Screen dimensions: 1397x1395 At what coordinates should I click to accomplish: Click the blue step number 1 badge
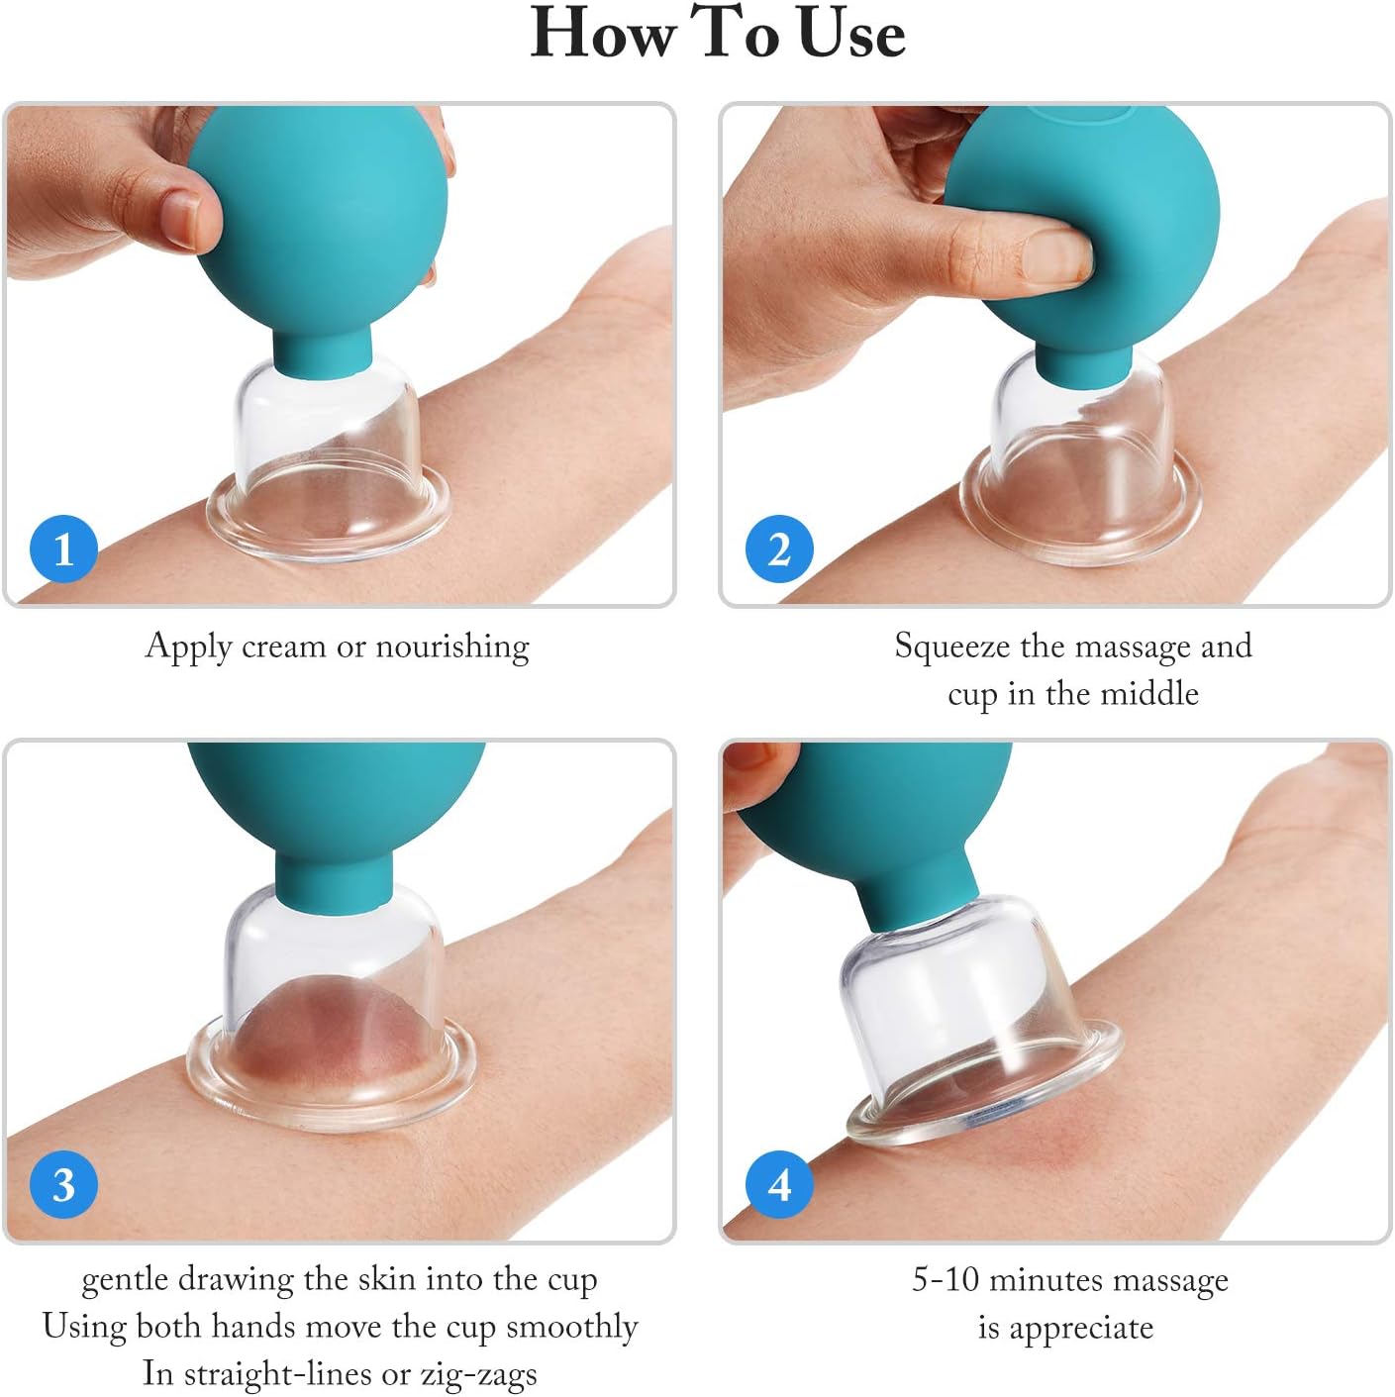(64, 549)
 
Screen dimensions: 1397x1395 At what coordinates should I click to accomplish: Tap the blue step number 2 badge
(779, 549)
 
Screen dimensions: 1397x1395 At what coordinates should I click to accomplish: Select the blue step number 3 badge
(64, 1184)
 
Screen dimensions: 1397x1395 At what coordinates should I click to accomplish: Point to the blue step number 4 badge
(779, 1184)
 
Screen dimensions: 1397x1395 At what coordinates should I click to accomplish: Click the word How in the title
(601, 34)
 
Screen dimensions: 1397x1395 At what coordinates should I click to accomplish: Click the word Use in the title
(850, 34)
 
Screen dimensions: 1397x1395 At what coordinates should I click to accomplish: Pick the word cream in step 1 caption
(283, 646)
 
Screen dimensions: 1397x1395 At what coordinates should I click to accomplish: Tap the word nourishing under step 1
(452, 646)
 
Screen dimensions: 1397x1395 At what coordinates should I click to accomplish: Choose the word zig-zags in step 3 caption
(478, 1374)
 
